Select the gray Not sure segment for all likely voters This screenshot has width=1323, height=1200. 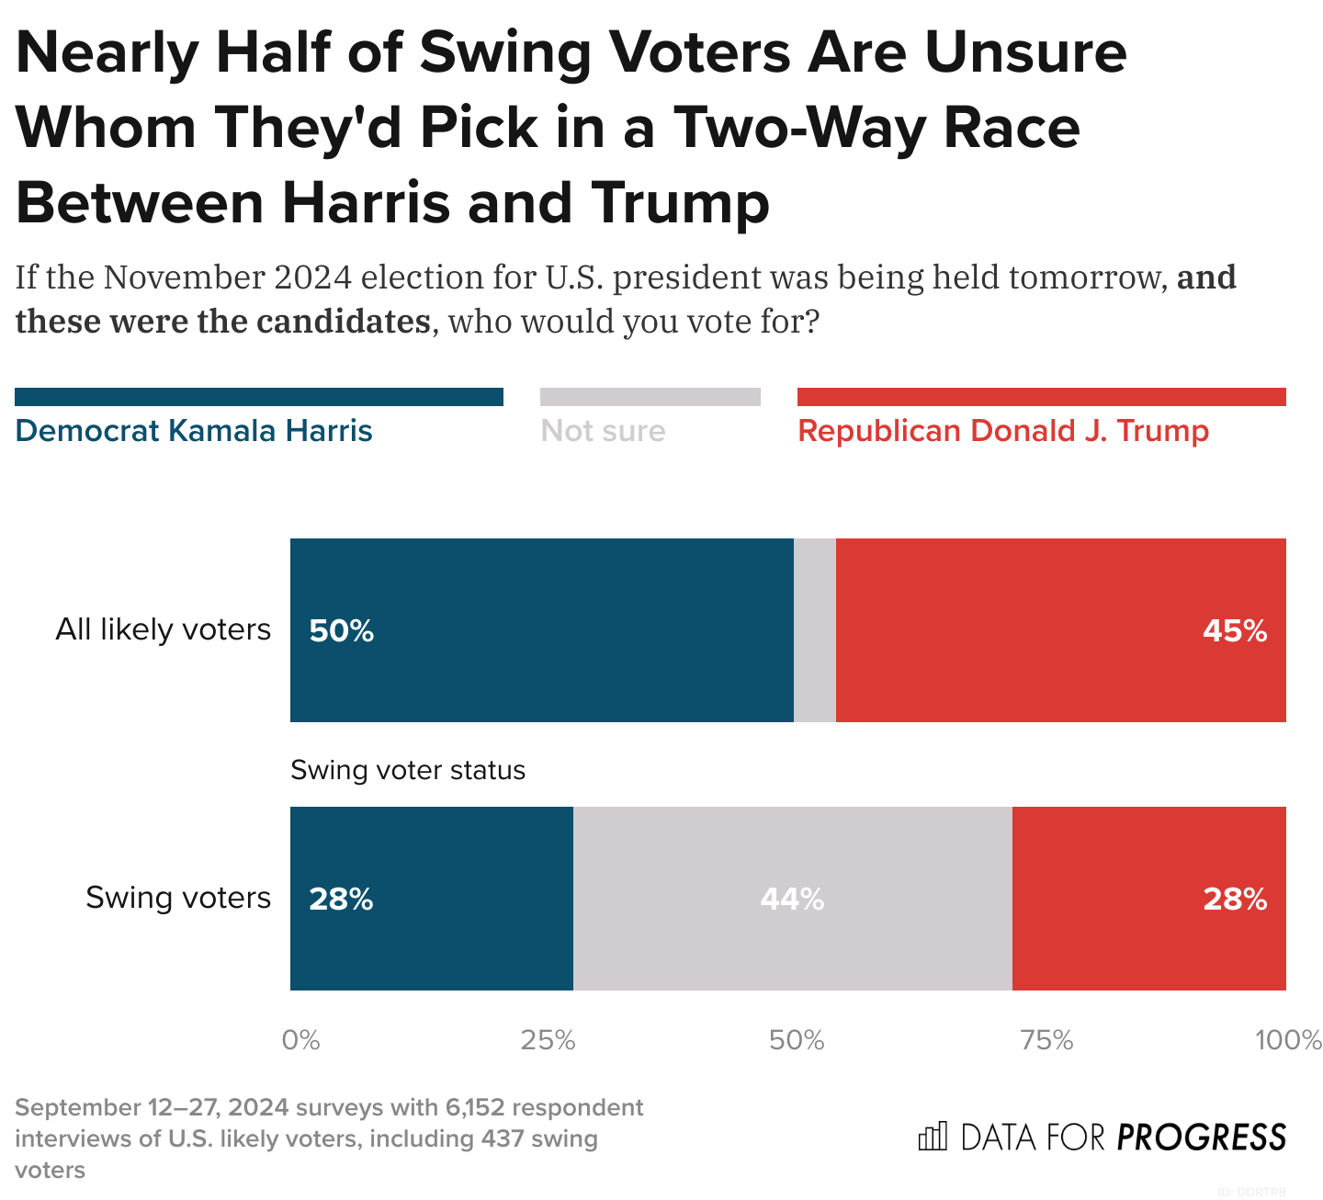tap(815, 630)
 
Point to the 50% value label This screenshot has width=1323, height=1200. tap(342, 631)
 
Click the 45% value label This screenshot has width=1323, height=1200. tap(1235, 631)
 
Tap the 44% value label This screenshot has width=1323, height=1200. tap(792, 899)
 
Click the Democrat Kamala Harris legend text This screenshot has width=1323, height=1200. tap(194, 431)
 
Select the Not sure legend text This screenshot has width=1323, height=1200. tap(604, 431)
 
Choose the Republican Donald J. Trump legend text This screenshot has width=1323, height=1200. tap(1003, 431)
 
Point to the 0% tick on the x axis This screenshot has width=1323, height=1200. tap(300, 1040)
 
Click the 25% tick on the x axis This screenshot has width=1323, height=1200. tap(548, 1040)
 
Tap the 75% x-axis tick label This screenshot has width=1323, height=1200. tap(1047, 1040)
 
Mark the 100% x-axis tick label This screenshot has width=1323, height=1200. tap(1288, 1040)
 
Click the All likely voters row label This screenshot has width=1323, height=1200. tap(164, 629)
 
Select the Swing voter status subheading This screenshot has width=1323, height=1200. tap(408, 770)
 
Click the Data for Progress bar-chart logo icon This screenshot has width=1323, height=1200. tap(932, 1138)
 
